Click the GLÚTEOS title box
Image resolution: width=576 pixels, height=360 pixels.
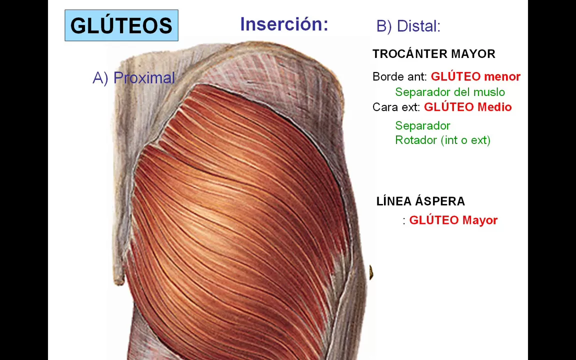[x=121, y=25]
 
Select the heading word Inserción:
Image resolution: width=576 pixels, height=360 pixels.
[x=284, y=24]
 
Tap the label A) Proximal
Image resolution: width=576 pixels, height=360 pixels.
[x=134, y=78]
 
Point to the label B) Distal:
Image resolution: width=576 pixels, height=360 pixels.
[x=408, y=26]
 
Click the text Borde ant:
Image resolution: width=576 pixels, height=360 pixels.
[x=399, y=77]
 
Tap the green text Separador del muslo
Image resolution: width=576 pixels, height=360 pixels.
[x=450, y=92]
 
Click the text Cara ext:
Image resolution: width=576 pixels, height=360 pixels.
[x=396, y=107]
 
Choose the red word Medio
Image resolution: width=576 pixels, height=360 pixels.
[x=494, y=107]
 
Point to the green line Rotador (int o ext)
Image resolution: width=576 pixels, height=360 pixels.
[x=442, y=140]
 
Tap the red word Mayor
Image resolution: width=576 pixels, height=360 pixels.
[x=480, y=220]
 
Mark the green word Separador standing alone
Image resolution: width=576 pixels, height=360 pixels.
[x=422, y=125]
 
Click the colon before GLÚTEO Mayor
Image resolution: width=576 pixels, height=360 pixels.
[x=404, y=221]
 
